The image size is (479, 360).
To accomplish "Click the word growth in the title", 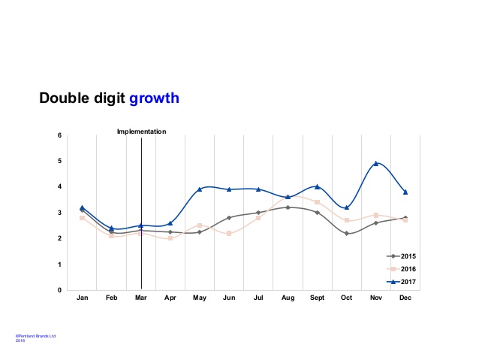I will tap(154, 98).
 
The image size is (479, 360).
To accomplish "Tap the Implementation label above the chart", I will tap(141, 132).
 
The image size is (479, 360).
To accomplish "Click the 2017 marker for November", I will tap(375, 163).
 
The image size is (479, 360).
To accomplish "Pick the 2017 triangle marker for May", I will tap(200, 189).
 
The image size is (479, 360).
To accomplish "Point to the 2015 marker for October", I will tap(346, 234).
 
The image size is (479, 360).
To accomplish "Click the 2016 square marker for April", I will tap(170, 238).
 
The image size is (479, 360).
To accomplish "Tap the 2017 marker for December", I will tap(405, 192).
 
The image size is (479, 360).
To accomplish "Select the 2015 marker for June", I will tap(229, 218).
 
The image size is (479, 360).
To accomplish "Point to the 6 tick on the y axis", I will tap(59, 135).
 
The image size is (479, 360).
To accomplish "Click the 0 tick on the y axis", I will tap(59, 290).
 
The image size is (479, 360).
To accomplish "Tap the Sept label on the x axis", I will tap(317, 298).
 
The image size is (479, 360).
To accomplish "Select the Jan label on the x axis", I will tap(83, 298).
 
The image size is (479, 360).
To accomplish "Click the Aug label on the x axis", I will tap(288, 298).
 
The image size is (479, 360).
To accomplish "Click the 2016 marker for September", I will tap(317, 202).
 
